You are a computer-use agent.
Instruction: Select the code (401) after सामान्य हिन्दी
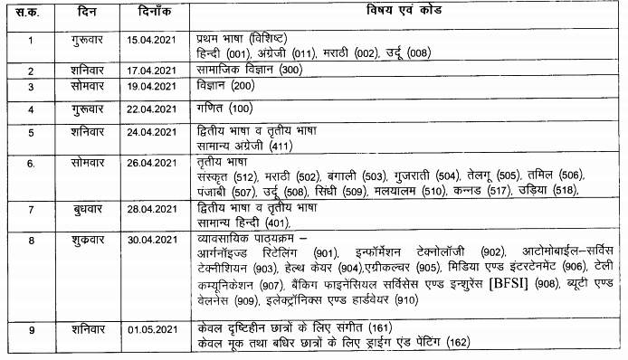coord(271,222)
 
